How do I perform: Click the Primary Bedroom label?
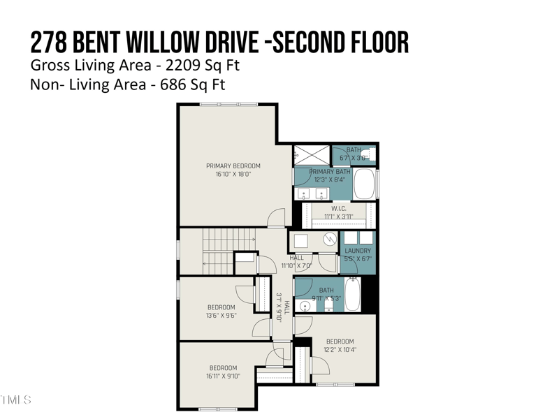(x=233, y=166)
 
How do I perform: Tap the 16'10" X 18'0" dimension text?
(x=233, y=175)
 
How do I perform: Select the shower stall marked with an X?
(x=311, y=154)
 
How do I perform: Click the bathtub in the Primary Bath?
(x=365, y=184)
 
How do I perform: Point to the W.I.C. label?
(x=339, y=208)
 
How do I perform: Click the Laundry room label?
(x=358, y=251)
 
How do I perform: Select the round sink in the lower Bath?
(x=305, y=306)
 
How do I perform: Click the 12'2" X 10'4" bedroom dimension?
(x=340, y=350)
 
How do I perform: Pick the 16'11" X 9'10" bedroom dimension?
(x=223, y=376)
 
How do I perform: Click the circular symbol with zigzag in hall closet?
(x=330, y=240)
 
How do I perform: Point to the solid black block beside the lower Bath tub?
(x=371, y=294)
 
